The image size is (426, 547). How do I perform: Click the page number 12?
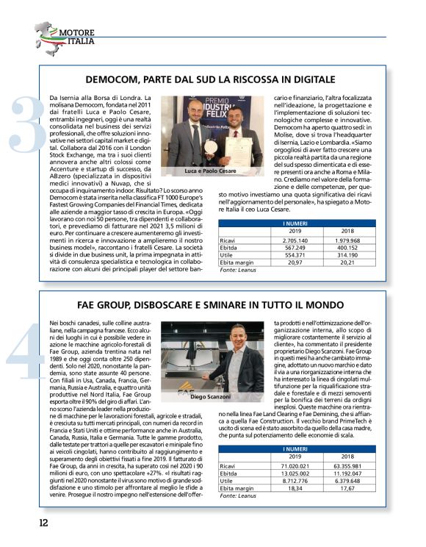coord(43,523)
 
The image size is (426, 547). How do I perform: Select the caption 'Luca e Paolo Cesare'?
coord(209,171)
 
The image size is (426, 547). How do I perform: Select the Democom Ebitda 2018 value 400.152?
coord(347,247)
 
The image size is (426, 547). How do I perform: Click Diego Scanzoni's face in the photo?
coord(238,337)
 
